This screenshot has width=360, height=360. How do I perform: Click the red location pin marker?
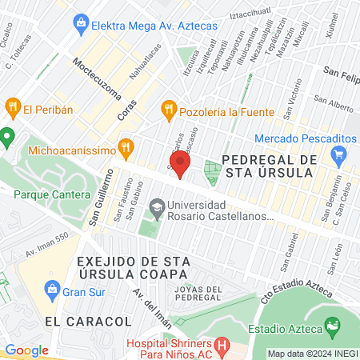[x=181, y=164]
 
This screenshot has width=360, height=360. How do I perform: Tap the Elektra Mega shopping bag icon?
[x=81, y=26]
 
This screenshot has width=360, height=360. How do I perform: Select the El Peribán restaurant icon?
[x=12, y=109]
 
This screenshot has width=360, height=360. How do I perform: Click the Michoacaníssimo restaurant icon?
[x=126, y=148]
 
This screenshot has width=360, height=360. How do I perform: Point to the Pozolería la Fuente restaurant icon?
[x=168, y=110]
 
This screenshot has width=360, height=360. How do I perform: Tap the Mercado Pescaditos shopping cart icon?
[x=339, y=154]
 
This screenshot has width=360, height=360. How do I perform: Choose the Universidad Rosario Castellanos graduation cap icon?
[x=156, y=207]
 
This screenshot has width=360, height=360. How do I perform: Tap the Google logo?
[x=26, y=350]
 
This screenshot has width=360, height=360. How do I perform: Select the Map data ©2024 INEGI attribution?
[x=311, y=353]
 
